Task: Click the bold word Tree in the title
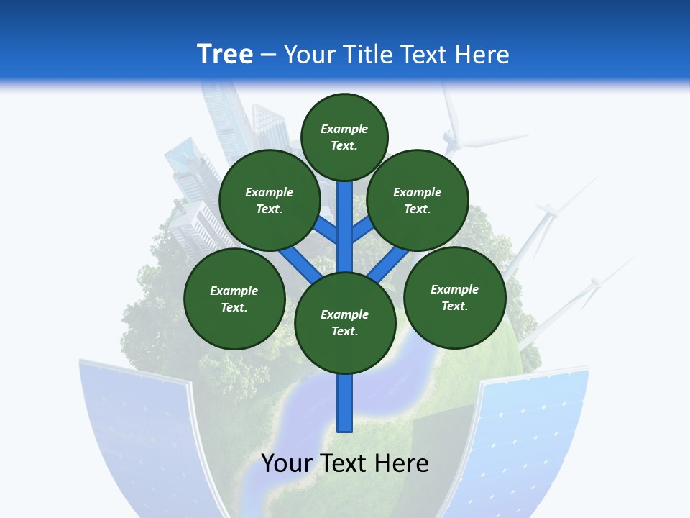click(225, 54)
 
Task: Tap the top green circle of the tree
click(344, 137)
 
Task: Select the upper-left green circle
click(270, 200)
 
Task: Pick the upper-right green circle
click(418, 200)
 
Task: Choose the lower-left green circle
click(234, 299)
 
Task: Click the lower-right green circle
click(454, 296)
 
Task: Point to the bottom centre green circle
click(345, 322)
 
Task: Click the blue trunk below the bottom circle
click(345, 403)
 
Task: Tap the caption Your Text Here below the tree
click(345, 463)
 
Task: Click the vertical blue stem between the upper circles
click(345, 216)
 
